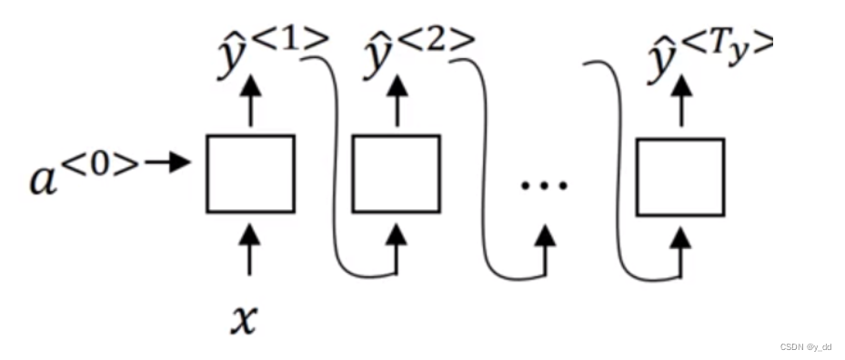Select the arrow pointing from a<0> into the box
pos(169,163)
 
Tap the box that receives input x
pos(250,174)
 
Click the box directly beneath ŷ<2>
pos(396,174)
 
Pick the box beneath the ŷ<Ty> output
pos(680,176)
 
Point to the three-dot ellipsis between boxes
pos(544,185)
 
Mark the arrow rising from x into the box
pos(250,250)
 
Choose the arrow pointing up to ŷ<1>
pos(251,100)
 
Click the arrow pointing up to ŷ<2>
pos(397,100)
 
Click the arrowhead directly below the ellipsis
pos(545,236)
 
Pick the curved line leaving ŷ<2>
pos(479,164)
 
